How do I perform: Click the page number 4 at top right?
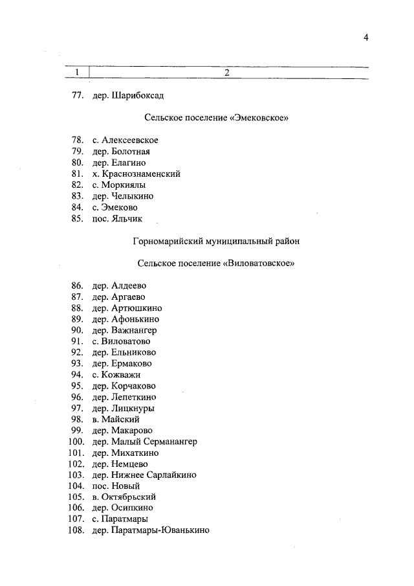click(x=365, y=38)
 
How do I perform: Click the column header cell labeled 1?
click(x=78, y=72)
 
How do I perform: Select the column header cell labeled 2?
click(x=227, y=72)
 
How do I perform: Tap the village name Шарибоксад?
click(x=138, y=96)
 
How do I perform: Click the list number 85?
click(x=78, y=219)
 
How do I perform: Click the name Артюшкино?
click(x=136, y=308)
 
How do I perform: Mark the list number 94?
click(x=78, y=374)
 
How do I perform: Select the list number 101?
click(x=76, y=453)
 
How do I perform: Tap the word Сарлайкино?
click(x=170, y=475)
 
